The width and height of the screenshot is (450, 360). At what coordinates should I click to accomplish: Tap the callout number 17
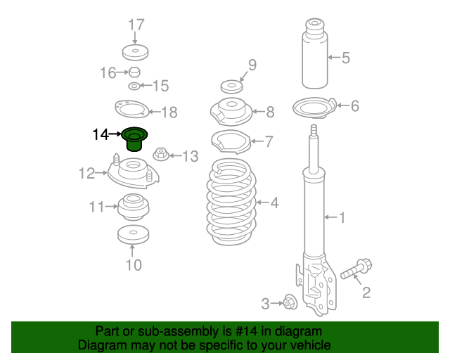136,25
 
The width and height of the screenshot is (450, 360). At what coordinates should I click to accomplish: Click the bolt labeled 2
356,269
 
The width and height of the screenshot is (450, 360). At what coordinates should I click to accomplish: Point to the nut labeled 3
290,303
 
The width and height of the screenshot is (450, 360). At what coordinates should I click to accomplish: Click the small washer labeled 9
231,87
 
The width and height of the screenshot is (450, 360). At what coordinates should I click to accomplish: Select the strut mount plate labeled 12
131,172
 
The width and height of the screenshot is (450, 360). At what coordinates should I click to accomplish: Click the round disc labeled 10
132,235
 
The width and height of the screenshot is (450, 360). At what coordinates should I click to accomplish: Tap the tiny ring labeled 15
134,86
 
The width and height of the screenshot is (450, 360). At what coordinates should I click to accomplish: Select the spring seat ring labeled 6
314,108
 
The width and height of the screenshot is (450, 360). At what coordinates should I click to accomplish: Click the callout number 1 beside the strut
342,218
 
